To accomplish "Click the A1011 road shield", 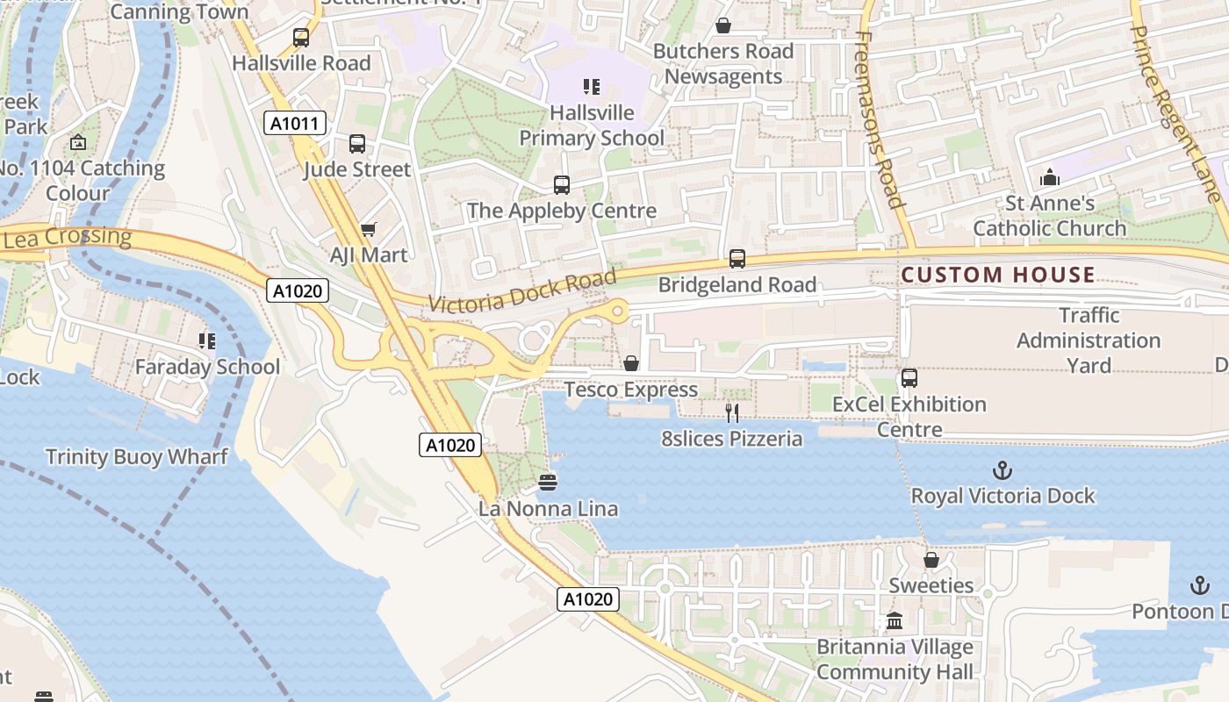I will (295, 124).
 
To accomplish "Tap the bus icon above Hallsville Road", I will (301, 38).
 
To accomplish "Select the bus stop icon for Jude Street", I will (356, 144).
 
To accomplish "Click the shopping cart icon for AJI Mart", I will (369, 229).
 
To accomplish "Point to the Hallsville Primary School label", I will (592, 125).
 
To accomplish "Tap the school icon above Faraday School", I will (207, 340).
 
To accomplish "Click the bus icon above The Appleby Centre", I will (562, 185).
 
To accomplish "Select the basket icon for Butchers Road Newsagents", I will (723, 25).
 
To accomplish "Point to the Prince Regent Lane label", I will (1175, 112).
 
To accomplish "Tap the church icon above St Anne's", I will (1050, 178).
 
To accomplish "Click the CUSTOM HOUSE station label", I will (998, 275).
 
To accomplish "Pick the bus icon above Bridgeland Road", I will (737, 259).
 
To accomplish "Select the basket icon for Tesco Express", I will (630, 363).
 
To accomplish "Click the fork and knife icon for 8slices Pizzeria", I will (732, 412).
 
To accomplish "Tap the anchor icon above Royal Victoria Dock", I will (1003, 470).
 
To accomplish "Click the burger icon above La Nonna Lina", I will (548, 482).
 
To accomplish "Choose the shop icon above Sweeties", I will (931, 560).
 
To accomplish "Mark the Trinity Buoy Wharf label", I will (136, 456).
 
